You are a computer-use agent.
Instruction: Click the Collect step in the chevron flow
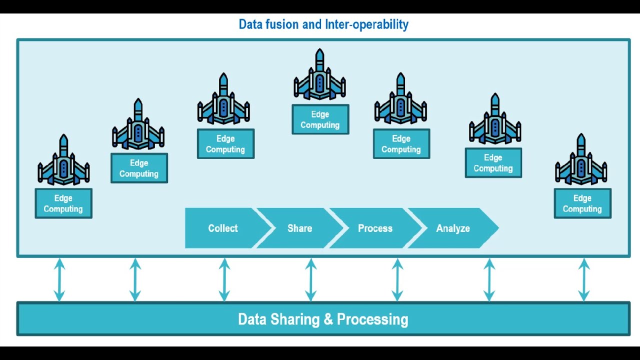(x=222, y=228)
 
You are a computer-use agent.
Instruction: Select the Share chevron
(x=299, y=228)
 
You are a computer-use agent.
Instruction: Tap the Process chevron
(x=375, y=228)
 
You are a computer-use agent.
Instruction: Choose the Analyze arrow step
(x=453, y=228)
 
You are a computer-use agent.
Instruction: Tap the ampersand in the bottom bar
(x=328, y=319)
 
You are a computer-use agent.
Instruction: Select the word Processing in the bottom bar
(x=372, y=319)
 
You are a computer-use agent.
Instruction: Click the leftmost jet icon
(x=63, y=161)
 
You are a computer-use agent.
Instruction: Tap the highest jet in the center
(x=319, y=76)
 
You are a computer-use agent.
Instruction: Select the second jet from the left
(x=138, y=125)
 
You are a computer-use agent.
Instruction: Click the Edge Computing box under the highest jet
(x=320, y=120)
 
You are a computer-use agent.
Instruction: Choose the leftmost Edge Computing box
(x=63, y=203)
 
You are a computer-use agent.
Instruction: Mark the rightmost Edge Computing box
(x=582, y=203)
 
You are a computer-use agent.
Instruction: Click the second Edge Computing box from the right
(x=493, y=163)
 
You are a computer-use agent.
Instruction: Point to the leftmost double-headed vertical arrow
(x=59, y=280)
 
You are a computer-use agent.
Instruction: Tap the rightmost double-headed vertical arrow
(x=583, y=280)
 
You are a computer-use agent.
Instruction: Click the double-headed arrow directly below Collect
(x=224, y=280)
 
